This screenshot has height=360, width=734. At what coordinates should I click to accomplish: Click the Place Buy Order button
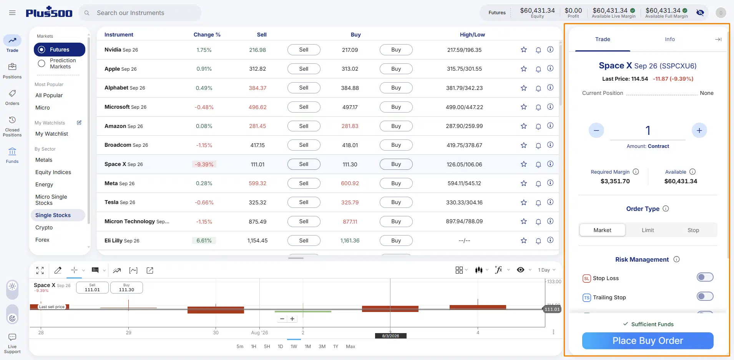click(x=648, y=341)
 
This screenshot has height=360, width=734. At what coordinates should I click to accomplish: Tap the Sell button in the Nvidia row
click(x=304, y=50)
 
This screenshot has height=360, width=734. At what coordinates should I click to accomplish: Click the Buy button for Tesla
click(x=396, y=202)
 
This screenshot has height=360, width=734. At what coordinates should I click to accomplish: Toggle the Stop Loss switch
click(x=705, y=277)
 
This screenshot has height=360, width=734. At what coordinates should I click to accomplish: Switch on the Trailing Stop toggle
click(x=705, y=296)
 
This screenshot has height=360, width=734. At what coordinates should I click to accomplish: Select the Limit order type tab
click(x=648, y=230)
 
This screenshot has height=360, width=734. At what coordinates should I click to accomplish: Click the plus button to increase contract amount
click(x=699, y=131)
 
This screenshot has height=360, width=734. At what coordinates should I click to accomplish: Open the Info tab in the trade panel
click(x=670, y=39)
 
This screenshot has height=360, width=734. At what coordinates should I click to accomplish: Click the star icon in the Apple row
click(x=523, y=69)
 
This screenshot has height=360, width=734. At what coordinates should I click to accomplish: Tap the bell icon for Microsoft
click(x=538, y=107)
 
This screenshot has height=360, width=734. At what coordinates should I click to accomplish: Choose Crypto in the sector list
click(x=44, y=227)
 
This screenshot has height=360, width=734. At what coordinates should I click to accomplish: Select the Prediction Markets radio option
click(x=42, y=63)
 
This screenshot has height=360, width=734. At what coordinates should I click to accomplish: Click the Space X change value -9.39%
click(x=204, y=164)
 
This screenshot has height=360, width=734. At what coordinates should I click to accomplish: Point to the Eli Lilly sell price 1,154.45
click(x=257, y=241)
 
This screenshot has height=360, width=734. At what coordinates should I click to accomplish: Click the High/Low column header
click(x=472, y=35)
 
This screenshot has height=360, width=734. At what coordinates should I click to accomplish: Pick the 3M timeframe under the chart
click(x=322, y=347)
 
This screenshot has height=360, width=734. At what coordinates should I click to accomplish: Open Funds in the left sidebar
click(x=12, y=155)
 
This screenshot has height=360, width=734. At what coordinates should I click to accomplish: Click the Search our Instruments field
click(x=140, y=13)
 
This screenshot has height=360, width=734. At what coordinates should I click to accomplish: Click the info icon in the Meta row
click(x=550, y=183)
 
